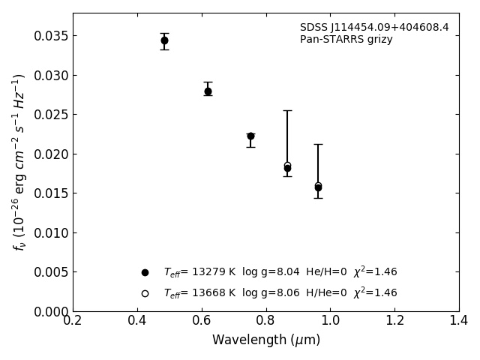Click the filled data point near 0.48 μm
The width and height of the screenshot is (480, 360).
pos(164,40)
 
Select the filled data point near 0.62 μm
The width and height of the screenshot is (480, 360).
pos(208,91)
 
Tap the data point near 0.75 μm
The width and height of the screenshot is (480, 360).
pos(250,136)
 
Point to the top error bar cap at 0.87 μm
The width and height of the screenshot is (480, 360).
pos(287,111)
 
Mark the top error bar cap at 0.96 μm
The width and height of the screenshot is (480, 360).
pos(318,145)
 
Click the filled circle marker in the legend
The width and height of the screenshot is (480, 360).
pos(145,272)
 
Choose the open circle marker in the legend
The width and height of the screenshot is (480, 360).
pos(145,293)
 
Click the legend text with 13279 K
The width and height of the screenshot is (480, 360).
pos(280,272)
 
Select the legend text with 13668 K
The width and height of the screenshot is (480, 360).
pos(280,293)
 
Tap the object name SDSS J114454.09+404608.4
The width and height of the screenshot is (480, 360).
pos(374,28)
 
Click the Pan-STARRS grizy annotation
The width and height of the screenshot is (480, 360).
pos(346,40)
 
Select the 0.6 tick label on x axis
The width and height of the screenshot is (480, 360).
pos(202,321)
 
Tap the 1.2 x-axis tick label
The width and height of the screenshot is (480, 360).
pos(394,321)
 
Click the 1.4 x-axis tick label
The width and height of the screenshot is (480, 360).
pos(459,321)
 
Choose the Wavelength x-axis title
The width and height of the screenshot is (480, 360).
pos(265,340)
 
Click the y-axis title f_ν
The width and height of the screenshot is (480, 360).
pos(19,162)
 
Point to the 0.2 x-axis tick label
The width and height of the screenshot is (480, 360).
pos(73,321)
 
